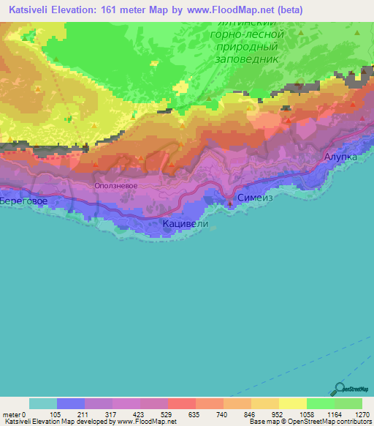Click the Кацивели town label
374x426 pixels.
(185, 224)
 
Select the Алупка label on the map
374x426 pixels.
(340, 157)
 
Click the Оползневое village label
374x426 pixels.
(116, 186)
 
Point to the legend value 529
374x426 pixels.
(167, 414)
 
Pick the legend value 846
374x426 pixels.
(251, 414)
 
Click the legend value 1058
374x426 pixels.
(305, 414)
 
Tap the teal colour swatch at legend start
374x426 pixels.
(43, 403)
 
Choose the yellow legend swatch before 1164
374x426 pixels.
(292, 403)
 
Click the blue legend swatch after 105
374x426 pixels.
(71, 403)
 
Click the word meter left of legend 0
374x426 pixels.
(11, 414)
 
